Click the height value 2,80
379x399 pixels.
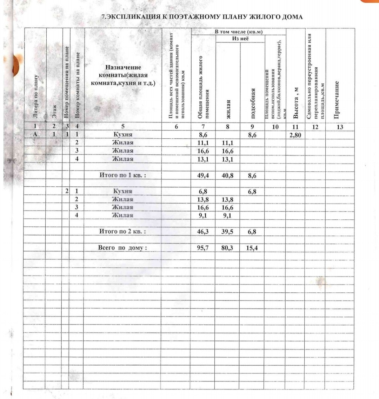coord(295,135)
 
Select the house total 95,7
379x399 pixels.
coord(203,248)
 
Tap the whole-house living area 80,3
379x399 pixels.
coord(227,248)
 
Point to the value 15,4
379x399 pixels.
coord(252,248)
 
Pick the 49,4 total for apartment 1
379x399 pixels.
coord(203,175)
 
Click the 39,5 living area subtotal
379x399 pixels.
coord(227,232)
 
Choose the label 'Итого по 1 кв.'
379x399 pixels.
coord(122,175)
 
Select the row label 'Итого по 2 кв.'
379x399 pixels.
coord(122,232)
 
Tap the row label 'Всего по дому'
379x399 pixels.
coord(122,248)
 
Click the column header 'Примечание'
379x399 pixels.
coord(337,100)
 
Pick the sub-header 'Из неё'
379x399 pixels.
coord(240,39)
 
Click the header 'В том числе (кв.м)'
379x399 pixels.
coord(239,32)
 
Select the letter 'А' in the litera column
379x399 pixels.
coord(35,134)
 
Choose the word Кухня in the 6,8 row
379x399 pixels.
coord(122,191)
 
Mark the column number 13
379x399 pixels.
coord(340,127)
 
